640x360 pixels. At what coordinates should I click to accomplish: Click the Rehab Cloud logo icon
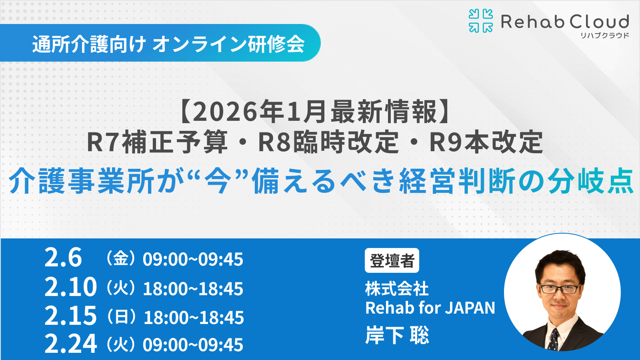[480, 21]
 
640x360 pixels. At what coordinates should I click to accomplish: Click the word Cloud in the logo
[599, 22]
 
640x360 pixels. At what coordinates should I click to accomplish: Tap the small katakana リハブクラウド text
[604, 36]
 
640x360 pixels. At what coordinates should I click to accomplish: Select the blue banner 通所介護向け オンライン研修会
[168, 43]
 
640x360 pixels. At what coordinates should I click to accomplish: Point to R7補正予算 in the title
[157, 142]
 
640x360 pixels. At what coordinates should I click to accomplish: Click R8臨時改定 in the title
[328, 142]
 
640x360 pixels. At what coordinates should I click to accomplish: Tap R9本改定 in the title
[486, 142]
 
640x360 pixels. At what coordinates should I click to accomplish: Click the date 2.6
[63, 257]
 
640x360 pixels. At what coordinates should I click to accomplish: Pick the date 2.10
[70, 287]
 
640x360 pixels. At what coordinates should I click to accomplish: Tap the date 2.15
[70, 316]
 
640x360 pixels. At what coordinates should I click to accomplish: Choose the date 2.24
[70, 344]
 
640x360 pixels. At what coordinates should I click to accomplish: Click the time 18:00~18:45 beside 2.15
[194, 318]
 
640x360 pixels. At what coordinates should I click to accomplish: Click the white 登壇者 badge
[392, 260]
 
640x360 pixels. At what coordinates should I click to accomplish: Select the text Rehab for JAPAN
[430, 308]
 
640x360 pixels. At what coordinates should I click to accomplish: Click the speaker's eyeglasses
[560, 288]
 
